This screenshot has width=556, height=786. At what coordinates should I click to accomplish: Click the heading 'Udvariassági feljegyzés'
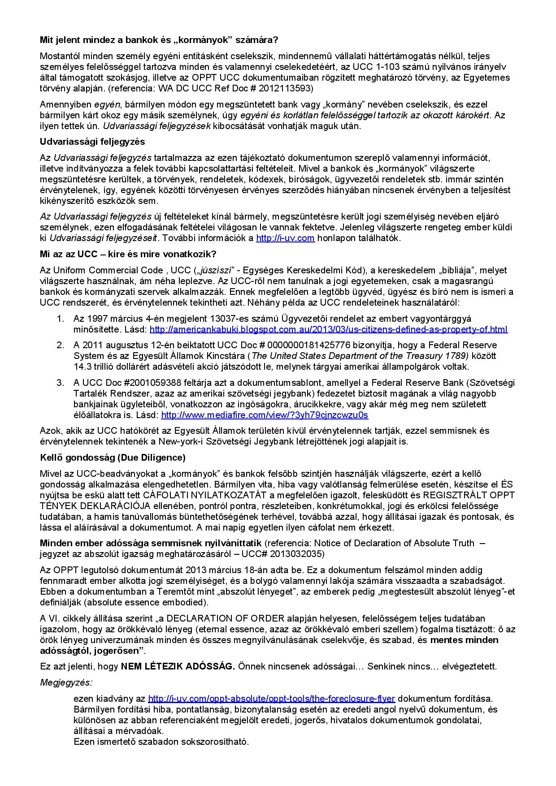(x=92, y=142)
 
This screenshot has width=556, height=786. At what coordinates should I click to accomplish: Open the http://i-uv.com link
(x=285, y=238)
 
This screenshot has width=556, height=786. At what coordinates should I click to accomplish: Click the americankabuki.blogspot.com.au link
(x=328, y=329)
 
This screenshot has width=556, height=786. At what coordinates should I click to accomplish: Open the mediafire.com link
(x=265, y=415)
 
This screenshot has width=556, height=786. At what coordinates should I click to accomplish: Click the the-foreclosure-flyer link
(x=271, y=699)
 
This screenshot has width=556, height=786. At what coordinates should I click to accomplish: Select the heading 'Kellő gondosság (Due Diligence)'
(x=113, y=458)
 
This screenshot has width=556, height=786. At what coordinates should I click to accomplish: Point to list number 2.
(x=60, y=345)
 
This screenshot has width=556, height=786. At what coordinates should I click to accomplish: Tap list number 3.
(x=60, y=383)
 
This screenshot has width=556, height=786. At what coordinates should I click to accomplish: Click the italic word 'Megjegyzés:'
(x=66, y=682)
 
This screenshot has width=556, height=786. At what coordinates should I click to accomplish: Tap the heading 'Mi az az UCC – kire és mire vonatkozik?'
(x=128, y=254)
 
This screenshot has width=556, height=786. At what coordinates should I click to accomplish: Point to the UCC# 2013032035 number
(x=282, y=554)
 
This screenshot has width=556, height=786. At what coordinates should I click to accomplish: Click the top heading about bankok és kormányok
(x=159, y=40)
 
